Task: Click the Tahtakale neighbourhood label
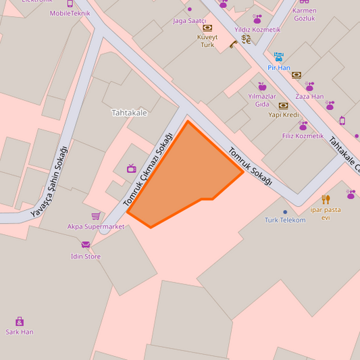(129, 113)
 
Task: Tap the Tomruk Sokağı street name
(250, 166)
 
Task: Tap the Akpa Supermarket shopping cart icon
(96, 216)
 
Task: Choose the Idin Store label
(86, 257)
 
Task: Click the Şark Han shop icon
(20, 322)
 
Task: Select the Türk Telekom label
(285, 220)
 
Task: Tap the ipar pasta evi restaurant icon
(326, 199)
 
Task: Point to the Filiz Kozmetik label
(303, 136)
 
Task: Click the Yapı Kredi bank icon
(283, 105)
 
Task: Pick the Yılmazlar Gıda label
(262, 100)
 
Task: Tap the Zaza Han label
(309, 97)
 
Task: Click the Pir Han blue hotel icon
(278, 57)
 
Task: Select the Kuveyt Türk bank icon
(207, 28)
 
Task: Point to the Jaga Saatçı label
(189, 21)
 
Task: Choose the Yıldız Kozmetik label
(257, 30)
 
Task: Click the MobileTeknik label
(70, 13)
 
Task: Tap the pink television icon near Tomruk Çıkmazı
(131, 168)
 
